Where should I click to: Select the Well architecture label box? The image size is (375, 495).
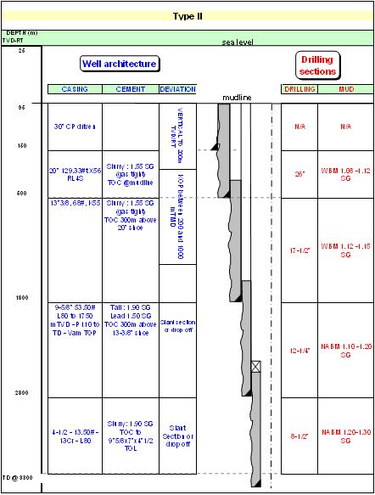[x=120, y=64]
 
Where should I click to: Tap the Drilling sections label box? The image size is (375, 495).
[x=318, y=65]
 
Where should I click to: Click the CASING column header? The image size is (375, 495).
[x=75, y=89]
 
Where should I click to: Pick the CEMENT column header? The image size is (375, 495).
[x=130, y=89]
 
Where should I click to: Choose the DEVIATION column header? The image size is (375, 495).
[x=177, y=89]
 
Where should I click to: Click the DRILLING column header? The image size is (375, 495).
[x=299, y=89]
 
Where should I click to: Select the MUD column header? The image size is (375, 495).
[x=345, y=89]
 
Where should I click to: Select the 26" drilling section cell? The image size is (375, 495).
[x=299, y=174]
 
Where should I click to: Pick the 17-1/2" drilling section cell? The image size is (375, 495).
[x=299, y=250]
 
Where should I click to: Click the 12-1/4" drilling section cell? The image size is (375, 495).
[x=299, y=350]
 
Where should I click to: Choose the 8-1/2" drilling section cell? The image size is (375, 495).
[x=299, y=436]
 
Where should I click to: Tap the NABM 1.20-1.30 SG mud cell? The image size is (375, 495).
[x=345, y=436]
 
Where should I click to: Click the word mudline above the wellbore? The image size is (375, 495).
[x=237, y=98]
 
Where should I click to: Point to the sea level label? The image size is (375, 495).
[x=238, y=42]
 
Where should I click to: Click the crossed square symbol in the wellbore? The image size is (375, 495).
[x=255, y=367]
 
